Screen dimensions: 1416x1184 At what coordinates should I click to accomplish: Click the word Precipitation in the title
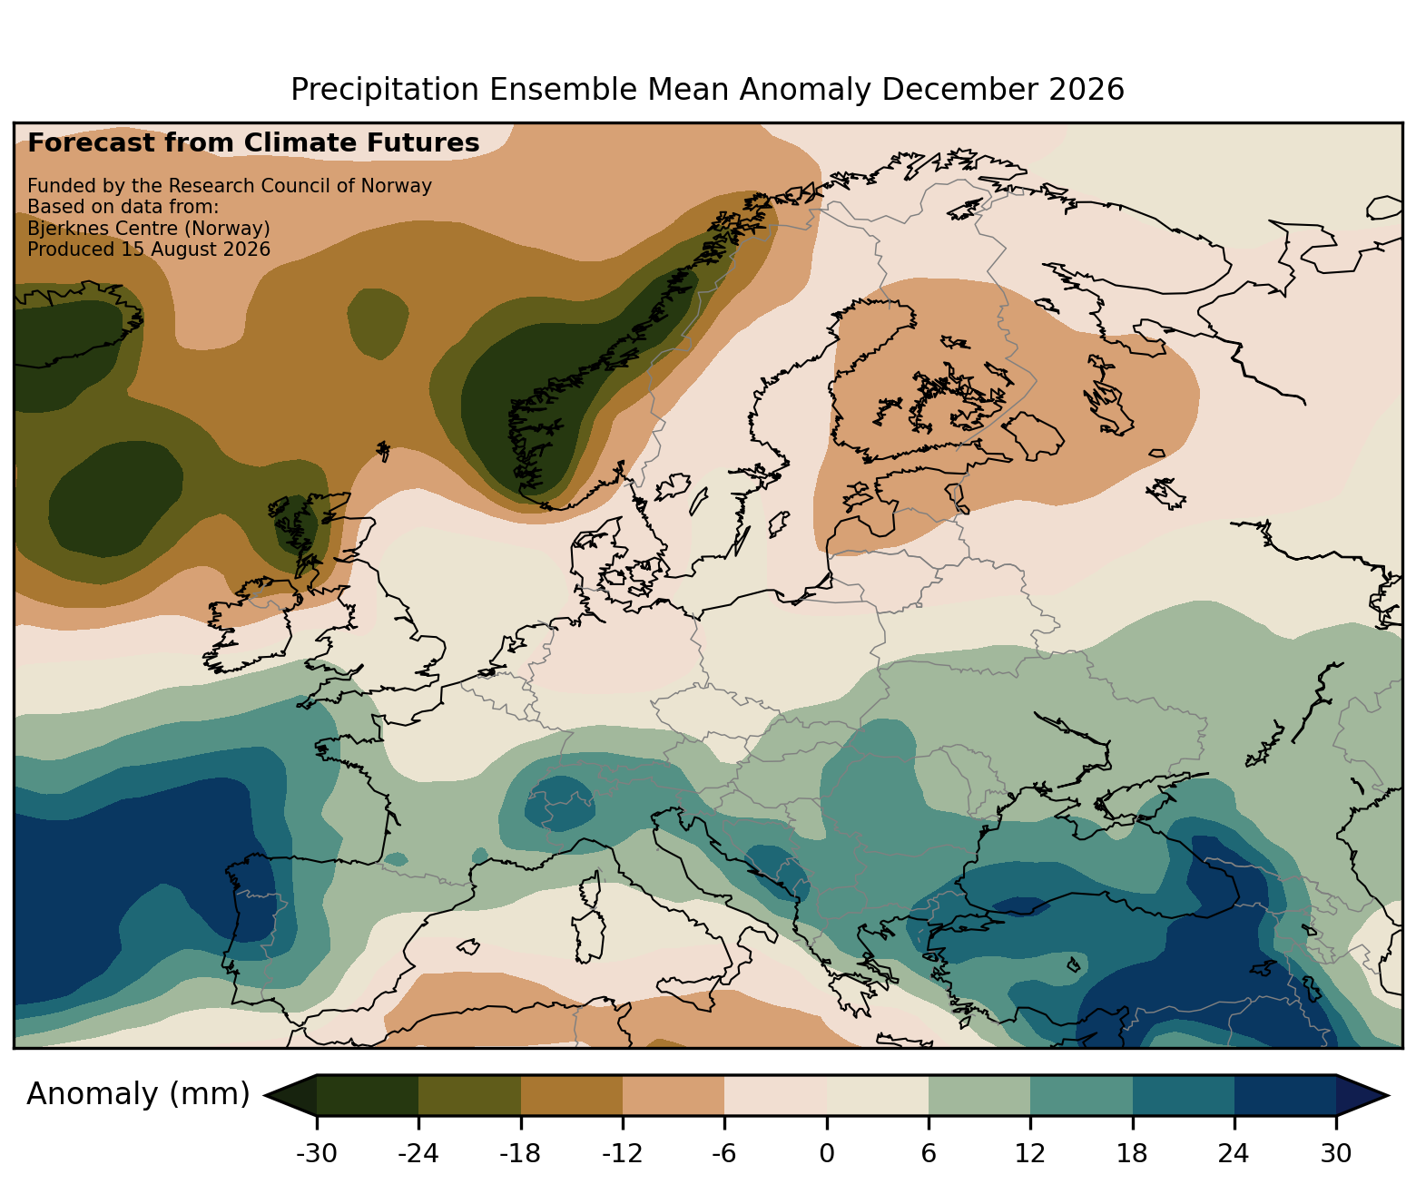coord(385,90)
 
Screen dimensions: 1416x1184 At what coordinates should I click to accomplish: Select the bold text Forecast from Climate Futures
coord(253,143)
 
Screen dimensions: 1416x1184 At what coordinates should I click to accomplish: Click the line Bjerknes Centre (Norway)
coord(149,229)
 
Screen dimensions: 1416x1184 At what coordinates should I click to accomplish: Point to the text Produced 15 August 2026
coord(149,250)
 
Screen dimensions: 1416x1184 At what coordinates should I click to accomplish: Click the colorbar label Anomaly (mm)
coord(138,1094)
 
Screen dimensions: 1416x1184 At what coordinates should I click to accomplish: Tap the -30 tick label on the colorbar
coord(317,1153)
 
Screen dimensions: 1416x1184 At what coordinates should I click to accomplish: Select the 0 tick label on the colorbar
coord(827,1153)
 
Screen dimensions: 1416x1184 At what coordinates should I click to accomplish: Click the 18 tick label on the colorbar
coord(1132,1153)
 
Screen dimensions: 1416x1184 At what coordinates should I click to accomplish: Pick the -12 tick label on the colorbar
coord(622,1153)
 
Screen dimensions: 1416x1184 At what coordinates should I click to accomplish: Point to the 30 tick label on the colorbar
coord(1336,1153)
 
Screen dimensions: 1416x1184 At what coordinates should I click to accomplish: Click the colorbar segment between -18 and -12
coord(572,1095)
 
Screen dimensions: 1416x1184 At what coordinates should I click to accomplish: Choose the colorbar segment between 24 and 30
coord(1285,1095)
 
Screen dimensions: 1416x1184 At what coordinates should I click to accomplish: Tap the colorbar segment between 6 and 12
coord(979,1095)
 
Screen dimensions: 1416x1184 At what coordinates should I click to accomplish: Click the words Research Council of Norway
coord(300,186)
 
